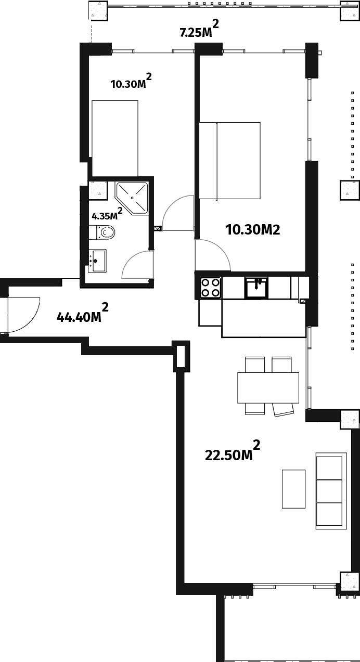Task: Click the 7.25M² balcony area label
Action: [x=199, y=29]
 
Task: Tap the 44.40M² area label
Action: [x=83, y=313]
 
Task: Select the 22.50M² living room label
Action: [x=233, y=451]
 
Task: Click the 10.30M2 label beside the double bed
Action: [x=252, y=230]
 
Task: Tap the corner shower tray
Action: [x=132, y=198]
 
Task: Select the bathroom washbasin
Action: [x=97, y=261]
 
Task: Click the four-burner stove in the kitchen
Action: [x=211, y=288]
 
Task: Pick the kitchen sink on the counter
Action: [x=256, y=288]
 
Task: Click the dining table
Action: [x=268, y=387]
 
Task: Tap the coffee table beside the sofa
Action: [x=293, y=489]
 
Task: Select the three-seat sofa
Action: [x=331, y=490]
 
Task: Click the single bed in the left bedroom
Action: [x=115, y=138]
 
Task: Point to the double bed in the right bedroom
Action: [x=229, y=161]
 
